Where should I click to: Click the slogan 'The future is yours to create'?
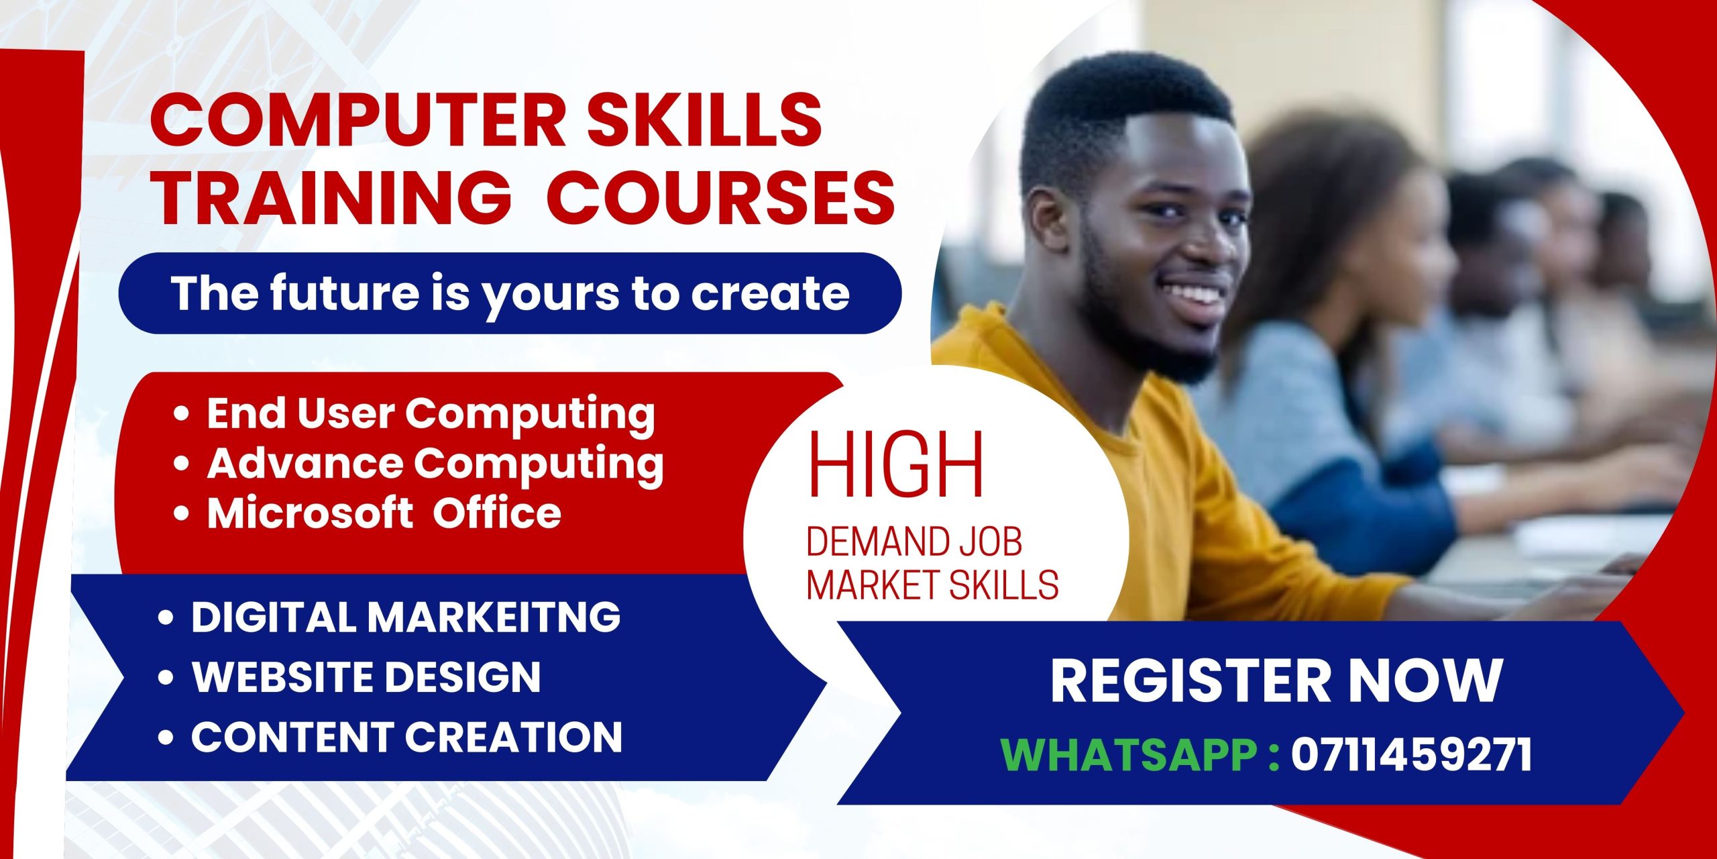(x=510, y=293)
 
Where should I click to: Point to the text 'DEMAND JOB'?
(x=913, y=542)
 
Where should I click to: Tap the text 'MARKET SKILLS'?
(x=932, y=585)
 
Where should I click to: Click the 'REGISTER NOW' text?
(x=1276, y=680)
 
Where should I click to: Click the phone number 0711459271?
(x=1412, y=755)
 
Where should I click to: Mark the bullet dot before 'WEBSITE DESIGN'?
(x=166, y=677)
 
